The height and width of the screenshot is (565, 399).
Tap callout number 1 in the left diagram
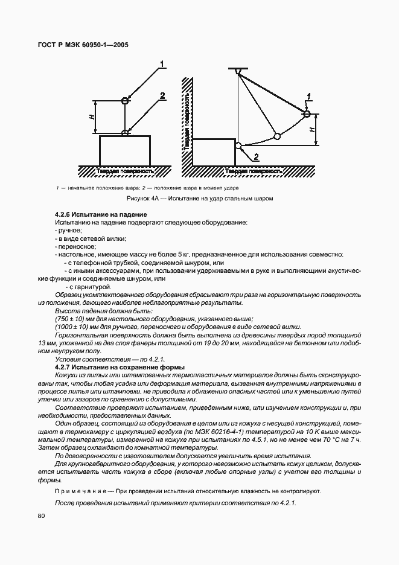click(x=162, y=64)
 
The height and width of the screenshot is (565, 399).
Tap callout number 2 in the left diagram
click(x=162, y=95)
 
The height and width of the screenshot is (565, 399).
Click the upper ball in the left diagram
click(x=125, y=100)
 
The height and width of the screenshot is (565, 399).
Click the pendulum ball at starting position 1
click(x=307, y=113)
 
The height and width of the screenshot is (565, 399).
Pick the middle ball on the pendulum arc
click(x=277, y=136)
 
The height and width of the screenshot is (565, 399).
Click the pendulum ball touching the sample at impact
click(x=239, y=145)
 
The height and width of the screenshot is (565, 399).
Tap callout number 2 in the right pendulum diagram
click(x=256, y=157)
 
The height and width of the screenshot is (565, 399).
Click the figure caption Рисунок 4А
click(x=200, y=198)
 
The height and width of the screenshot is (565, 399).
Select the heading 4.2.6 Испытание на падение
click(x=101, y=215)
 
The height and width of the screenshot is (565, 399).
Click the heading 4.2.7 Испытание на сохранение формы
click(x=120, y=368)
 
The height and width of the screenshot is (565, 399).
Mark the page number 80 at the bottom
click(x=41, y=516)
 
